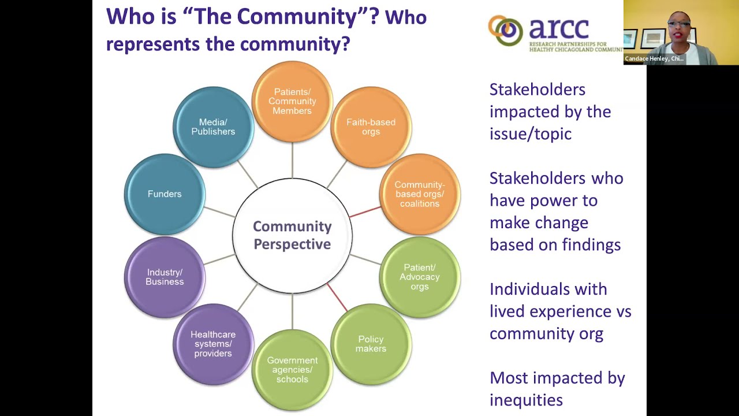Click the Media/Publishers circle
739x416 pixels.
click(x=213, y=127)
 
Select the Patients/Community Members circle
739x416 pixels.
click(x=292, y=102)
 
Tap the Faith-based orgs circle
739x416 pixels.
click(x=371, y=127)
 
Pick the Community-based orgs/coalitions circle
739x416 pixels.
click(x=420, y=194)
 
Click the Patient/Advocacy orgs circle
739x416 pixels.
click(x=420, y=277)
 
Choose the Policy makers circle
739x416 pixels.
click(x=371, y=344)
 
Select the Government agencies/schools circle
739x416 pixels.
click(x=292, y=369)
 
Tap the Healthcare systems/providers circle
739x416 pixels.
click(x=213, y=344)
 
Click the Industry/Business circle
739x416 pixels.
click(x=165, y=277)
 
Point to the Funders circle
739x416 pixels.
click(x=165, y=194)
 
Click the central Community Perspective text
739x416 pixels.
click(x=292, y=235)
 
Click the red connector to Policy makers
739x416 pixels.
click(x=337, y=297)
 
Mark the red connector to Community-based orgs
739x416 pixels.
click(x=365, y=212)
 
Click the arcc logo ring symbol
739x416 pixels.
click(x=506, y=30)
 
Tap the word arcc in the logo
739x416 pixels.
click(x=558, y=28)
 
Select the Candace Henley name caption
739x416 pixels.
click(x=654, y=59)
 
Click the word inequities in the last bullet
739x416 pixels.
click(x=526, y=400)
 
